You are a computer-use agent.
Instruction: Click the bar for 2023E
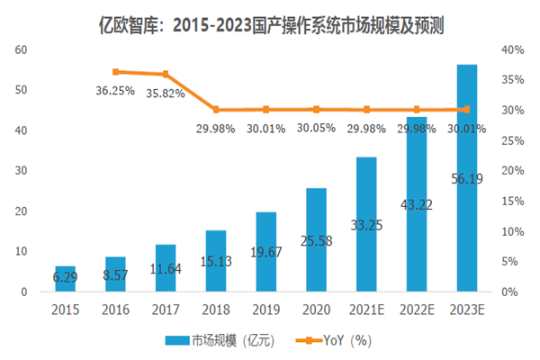pos(467,180)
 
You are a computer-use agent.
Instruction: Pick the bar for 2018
pos(215,261)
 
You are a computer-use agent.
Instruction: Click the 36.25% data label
pos(115,90)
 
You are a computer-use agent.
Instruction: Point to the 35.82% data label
pos(165,92)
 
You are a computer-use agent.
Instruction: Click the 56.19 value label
pos(467,178)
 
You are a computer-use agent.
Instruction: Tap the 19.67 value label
pos(265,252)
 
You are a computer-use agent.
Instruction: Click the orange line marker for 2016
pos(115,71)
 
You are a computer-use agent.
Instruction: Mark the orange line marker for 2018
pos(215,110)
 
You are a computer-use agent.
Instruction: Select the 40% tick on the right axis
pos(513,49)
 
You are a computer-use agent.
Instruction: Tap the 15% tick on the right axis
pos(513,201)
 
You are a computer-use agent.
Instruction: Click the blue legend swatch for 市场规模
pos(177,339)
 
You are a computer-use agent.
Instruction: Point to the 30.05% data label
pos(316,129)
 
